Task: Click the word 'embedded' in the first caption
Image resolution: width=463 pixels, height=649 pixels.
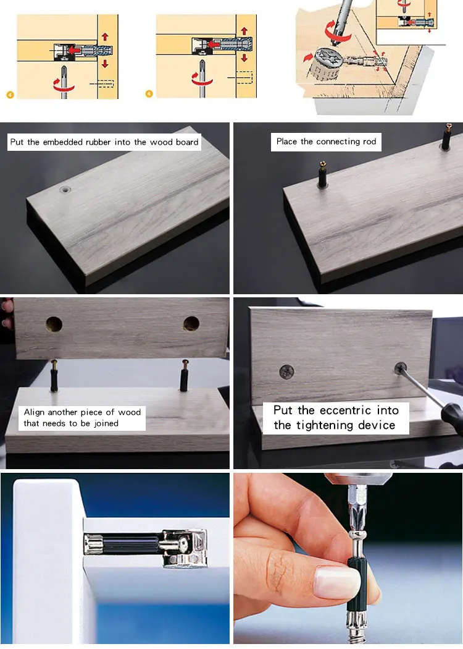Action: coord(63,142)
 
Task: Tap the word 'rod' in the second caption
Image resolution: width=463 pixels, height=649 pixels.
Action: coord(369,142)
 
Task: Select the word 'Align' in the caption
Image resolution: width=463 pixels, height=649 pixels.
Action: coord(34,412)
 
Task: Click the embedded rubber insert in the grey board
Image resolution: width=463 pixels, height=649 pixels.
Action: coord(65,190)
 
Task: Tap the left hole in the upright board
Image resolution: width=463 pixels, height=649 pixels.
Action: coord(54,324)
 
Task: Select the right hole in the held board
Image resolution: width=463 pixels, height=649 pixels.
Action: coord(191,323)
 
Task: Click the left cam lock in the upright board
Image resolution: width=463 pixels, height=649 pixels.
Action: coord(286,371)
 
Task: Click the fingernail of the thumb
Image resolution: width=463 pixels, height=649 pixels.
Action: coord(338,582)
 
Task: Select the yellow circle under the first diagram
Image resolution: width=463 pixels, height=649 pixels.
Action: coord(10,95)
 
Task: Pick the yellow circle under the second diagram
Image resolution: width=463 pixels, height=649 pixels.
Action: coord(149,94)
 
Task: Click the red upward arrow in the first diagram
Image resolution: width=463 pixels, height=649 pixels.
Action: coord(105,37)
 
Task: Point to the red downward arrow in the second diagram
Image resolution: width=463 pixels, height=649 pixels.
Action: coord(244,57)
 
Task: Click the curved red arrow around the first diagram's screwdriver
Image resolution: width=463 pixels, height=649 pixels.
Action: coord(64,86)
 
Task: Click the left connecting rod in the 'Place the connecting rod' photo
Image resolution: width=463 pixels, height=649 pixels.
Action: coord(323,175)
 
